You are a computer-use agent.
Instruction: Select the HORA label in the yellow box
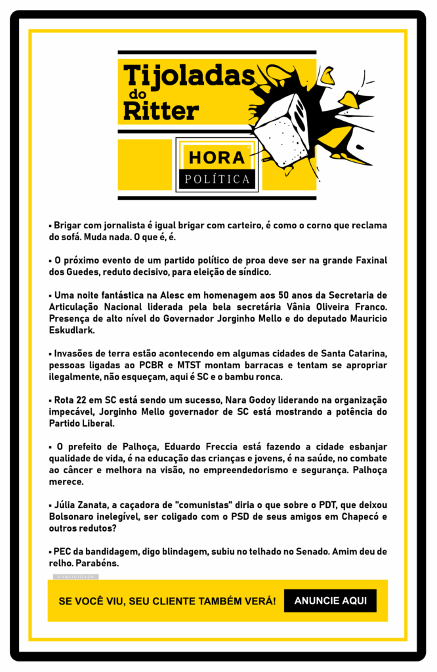point(217,157)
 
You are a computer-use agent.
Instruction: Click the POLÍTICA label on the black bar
point(217,178)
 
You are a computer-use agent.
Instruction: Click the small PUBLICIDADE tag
point(75,577)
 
